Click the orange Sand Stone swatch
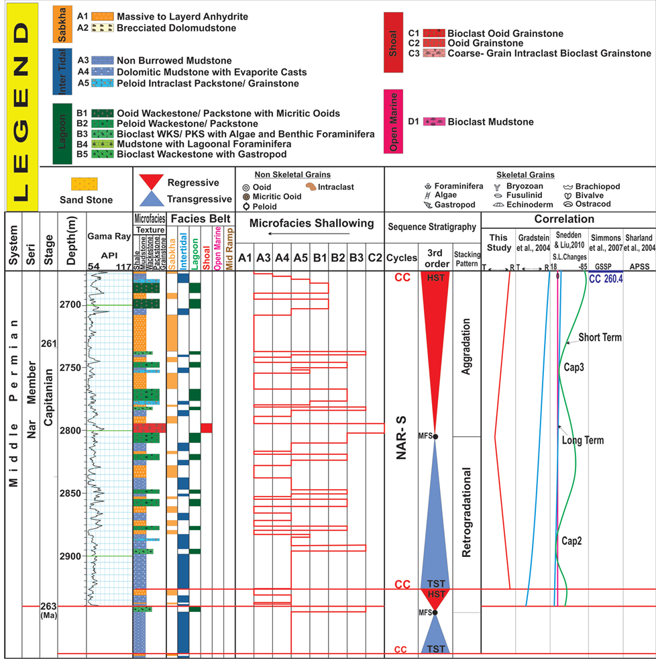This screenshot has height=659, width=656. pyautogui.click(x=86, y=183)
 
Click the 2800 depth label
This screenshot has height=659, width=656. pyautogui.click(x=69, y=431)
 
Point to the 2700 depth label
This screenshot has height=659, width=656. pyautogui.click(x=69, y=305)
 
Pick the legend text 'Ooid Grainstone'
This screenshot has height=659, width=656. pyautogui.click(x=486, y=43)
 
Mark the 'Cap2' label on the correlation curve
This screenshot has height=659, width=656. pyautogui.click(x=571, y=539)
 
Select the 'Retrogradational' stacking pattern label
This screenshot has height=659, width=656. pyautogui.click(x=467, y=513)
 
